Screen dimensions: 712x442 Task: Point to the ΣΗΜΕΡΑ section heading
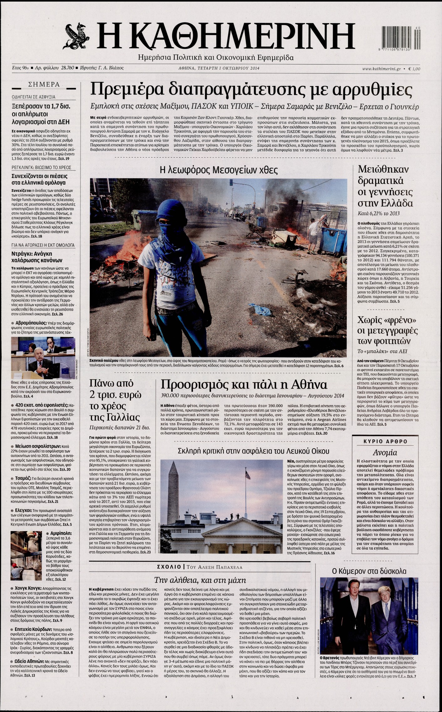[x=44, y=84]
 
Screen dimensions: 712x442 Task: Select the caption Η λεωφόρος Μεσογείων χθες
[x=218, y=170]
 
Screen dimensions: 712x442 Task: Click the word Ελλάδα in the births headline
[x=397, y=203]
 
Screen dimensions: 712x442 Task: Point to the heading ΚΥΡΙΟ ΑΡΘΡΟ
[x=385, y=441]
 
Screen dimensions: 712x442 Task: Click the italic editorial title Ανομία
[x=385, y=453]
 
